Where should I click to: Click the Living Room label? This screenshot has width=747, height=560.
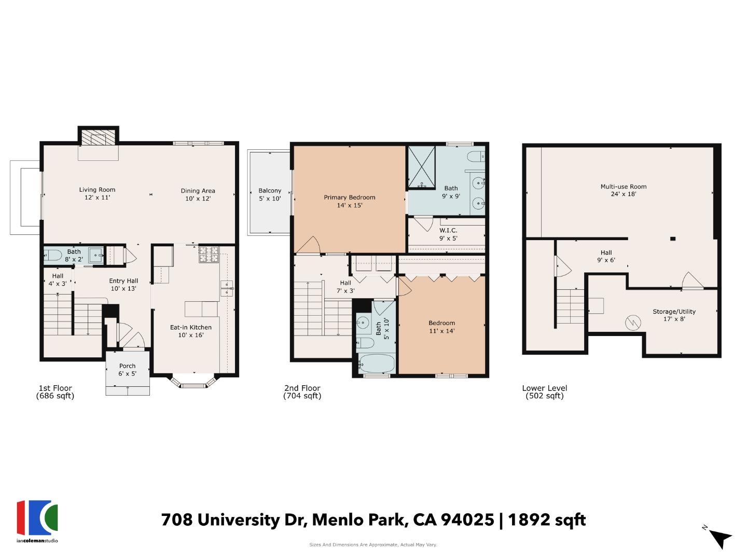(97, 193)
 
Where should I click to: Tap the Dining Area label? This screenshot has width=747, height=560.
(198, 194)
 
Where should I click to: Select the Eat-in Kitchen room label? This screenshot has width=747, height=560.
(190, 331)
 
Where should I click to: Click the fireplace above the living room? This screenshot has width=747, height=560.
(98, 137)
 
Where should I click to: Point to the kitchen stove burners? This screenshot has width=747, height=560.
(209, 254)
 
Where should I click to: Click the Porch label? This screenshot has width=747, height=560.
(127, 369)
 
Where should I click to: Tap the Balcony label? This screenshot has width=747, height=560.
(270, 194)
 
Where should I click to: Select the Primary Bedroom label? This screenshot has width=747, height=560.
(349, 201)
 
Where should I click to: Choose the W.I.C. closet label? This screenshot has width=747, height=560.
(448, 234)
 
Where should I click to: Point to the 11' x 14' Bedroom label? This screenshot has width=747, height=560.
(441, 327)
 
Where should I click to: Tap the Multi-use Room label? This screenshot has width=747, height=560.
(624, 190)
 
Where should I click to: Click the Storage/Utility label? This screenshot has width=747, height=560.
(674, 315)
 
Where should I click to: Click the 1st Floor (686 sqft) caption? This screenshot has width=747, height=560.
(55, 392)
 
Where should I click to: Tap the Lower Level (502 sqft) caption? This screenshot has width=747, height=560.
(544, 392)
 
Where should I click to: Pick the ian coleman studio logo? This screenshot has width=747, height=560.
(37, 521)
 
